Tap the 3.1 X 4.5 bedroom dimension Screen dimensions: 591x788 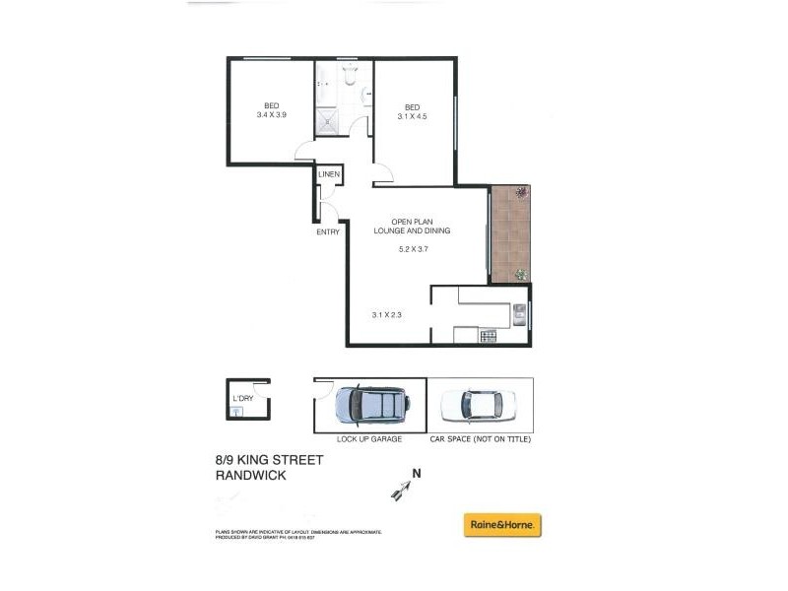coord(413,116)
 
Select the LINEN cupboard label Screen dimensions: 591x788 coord(329,175)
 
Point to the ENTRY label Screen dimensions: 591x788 coord(328,232)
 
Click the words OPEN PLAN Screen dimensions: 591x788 coord(411,221)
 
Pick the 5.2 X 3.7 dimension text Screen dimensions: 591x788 coord(412,249)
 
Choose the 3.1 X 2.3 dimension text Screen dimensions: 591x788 coord(388,314)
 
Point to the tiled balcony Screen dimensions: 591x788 coord(510,233)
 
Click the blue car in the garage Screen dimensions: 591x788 coord(370,404)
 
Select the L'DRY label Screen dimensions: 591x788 coord(241,399)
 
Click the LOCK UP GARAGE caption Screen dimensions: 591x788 coord(369,439)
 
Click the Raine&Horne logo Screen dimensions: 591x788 coord(502,525)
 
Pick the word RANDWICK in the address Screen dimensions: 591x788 coord(251,475)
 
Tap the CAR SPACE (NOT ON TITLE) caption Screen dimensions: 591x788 coord(481,439)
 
